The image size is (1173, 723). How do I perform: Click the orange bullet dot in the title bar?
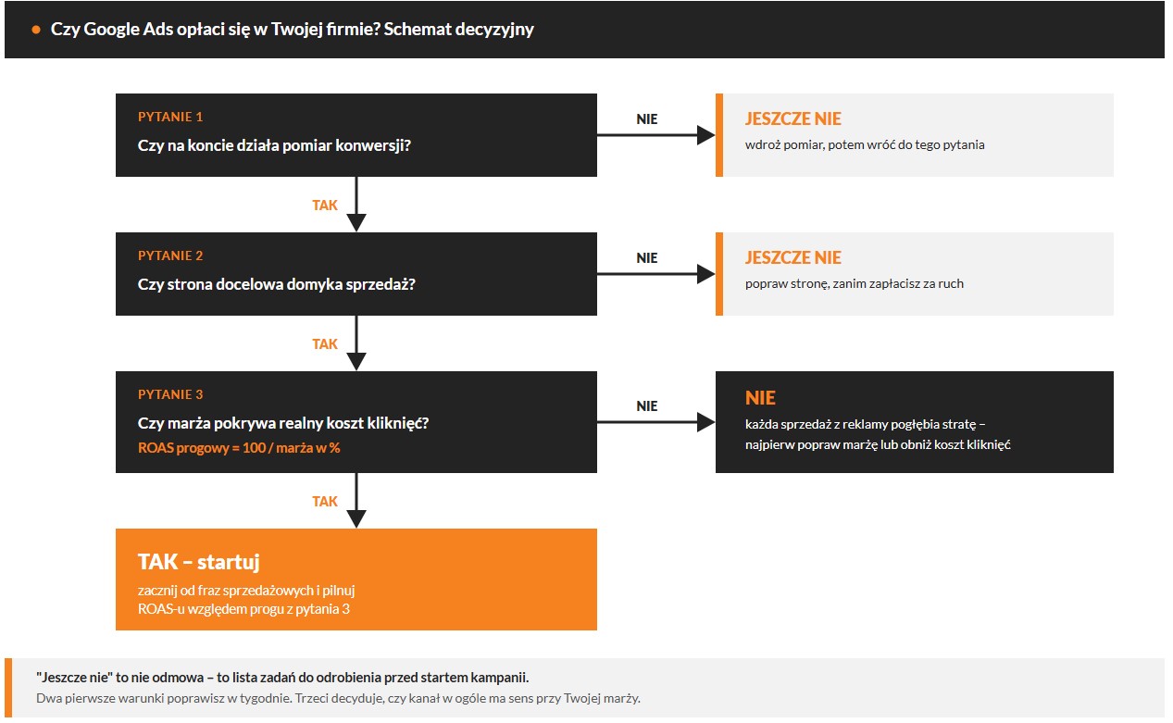coord(36,30)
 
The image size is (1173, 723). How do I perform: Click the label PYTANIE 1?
coord(170,117)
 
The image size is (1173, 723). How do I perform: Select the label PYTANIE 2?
coord(170,256)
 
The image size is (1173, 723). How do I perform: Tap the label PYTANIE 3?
coord(170,394)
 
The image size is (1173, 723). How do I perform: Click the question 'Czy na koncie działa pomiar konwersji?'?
coord(274,145)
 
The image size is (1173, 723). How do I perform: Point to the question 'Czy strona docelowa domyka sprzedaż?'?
coord(276,284)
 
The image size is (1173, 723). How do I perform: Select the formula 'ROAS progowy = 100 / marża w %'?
coord(239,448)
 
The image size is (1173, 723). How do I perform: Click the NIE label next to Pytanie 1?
coord(647,118)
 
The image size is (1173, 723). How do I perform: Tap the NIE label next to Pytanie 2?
coord(647,257)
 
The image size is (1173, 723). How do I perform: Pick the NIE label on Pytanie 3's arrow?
coord(647,405)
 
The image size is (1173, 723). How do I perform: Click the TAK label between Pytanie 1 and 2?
coord(325,206)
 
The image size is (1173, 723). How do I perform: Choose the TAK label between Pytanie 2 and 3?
coord(325,344)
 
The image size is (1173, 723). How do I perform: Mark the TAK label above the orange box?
coord(325,502)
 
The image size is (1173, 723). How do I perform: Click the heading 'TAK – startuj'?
coord(198,562)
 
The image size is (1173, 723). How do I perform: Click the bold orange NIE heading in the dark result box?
coord(760,398)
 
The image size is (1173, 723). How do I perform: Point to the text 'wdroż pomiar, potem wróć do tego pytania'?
coord(865,144)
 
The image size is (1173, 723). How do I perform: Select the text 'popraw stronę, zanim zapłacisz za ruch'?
coord(855,284)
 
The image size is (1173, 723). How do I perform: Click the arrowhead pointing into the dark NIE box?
coord(705,422)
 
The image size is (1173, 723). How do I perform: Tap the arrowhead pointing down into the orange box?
coord(356,518)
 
